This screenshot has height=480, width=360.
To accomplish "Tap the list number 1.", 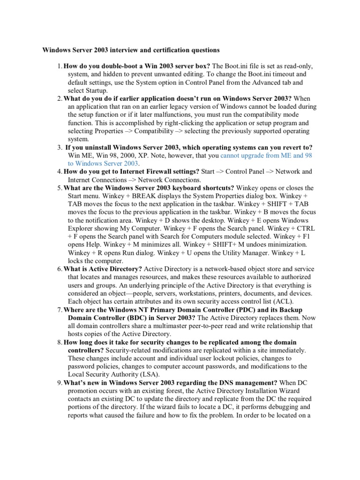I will point(60,66).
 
